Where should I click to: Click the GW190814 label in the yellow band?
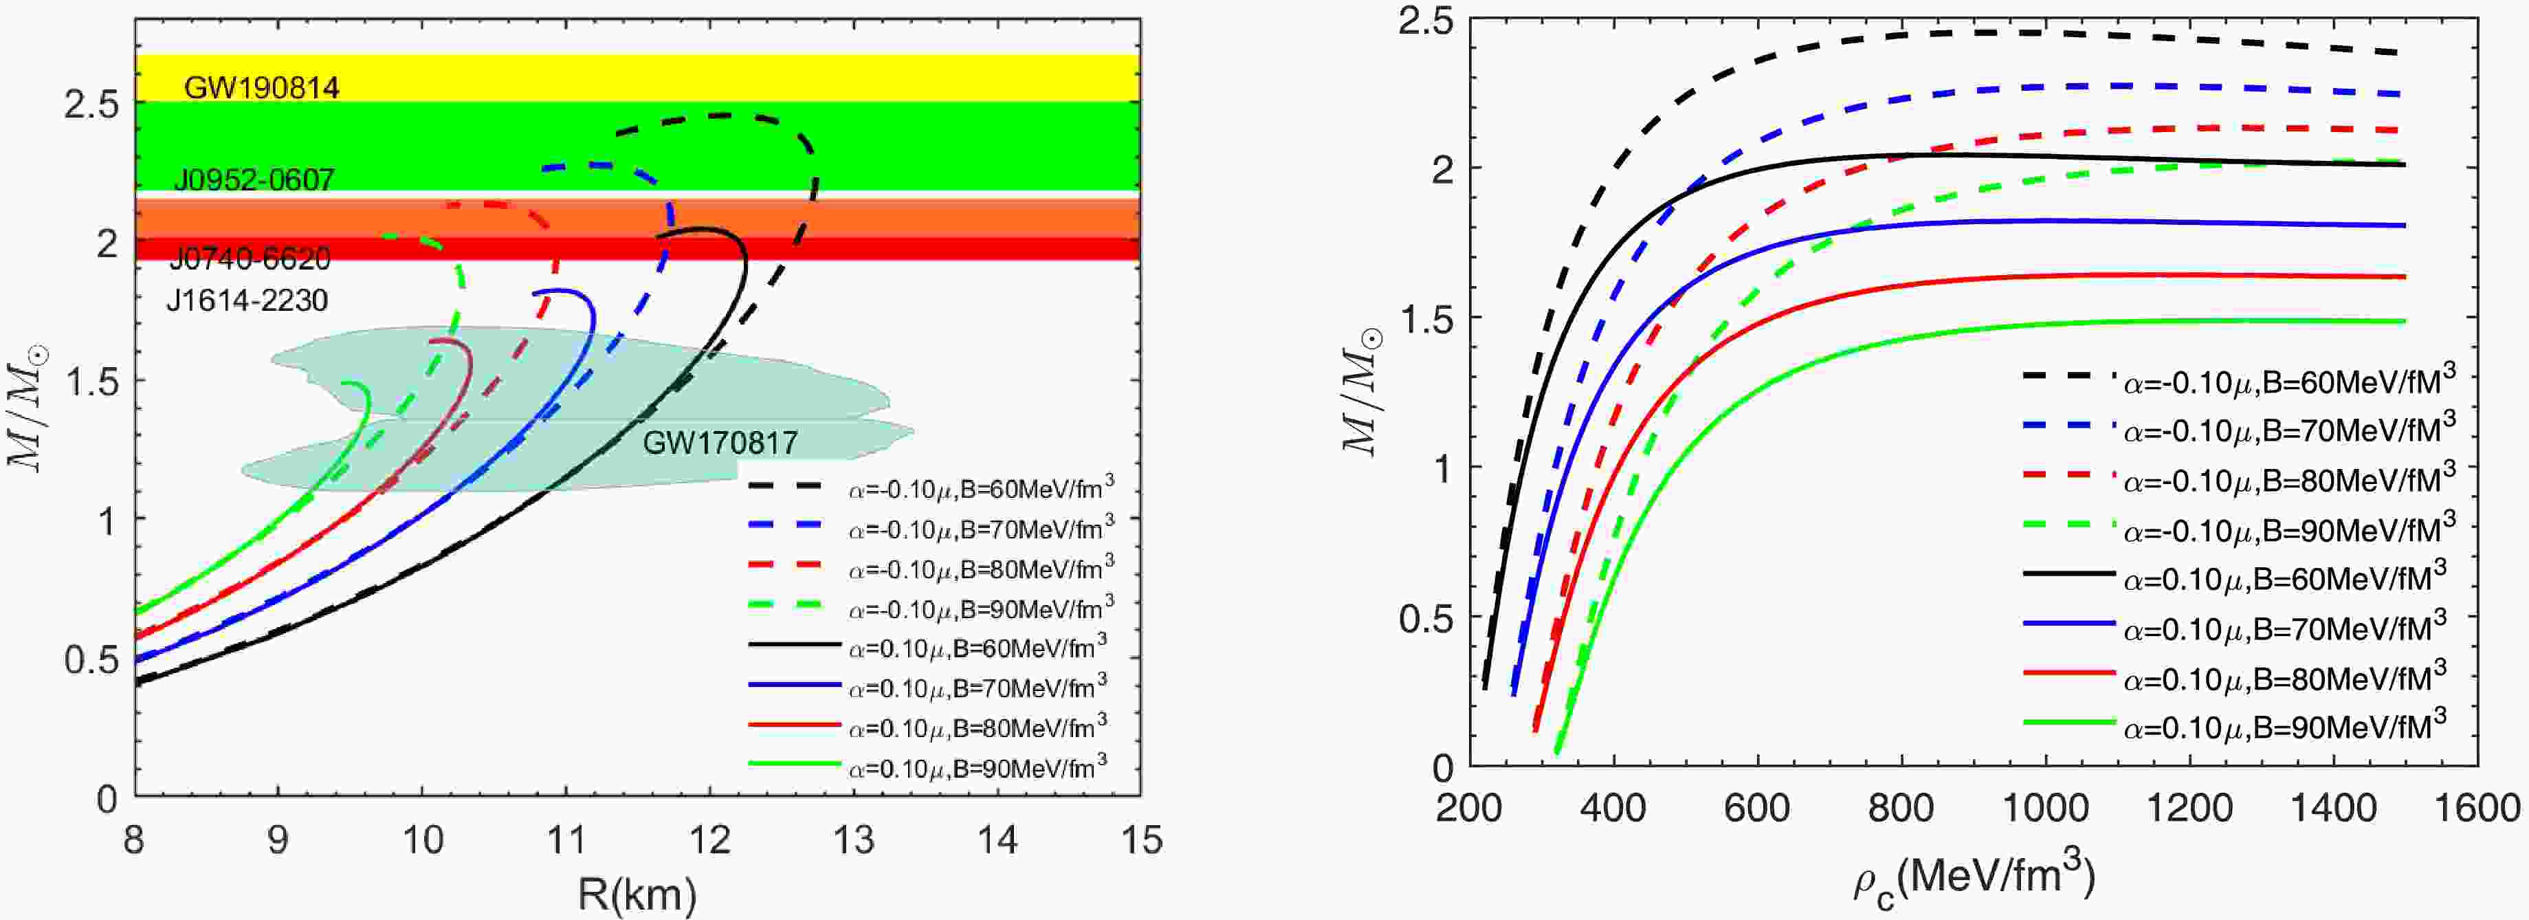point(261,89)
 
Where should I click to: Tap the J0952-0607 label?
point(254,179)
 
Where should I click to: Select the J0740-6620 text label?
point(250,259)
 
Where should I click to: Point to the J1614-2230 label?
point(246,300)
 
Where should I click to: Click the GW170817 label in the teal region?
point(720,443)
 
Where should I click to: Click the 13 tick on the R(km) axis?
point(853,840)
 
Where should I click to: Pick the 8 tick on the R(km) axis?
point(135,840)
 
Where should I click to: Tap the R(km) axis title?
point(637,892)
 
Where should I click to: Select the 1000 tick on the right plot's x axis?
point(2045,808)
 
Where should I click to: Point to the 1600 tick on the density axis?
point(2476,808)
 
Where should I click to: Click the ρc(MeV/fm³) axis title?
point(1974,881)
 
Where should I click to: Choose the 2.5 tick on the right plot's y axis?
point(1426,21)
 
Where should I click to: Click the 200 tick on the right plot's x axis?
point(1470,808)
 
